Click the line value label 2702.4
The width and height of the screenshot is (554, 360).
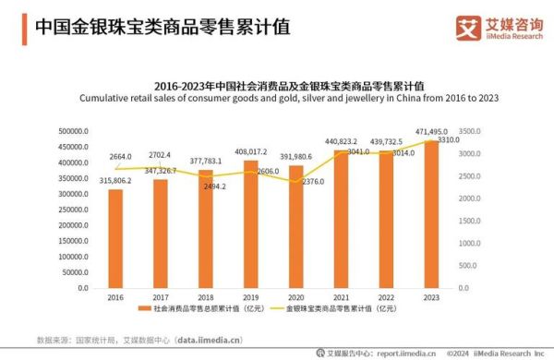pyautogui.click(x=161, y=154)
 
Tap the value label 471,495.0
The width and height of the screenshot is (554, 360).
pyautogui.click(x=435, y=132)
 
